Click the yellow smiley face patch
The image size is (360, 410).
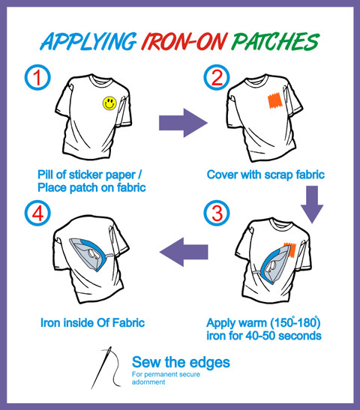(x=109, y=103)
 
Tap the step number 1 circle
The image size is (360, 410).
(x=37, y=77)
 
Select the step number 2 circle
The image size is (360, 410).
(x=217, y=77)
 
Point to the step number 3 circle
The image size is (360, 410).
(x=217, y=213)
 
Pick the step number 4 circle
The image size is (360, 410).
(x=37, y=213)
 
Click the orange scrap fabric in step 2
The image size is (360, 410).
(x=274, y=100)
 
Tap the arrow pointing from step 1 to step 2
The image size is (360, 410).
(x=183, y=123)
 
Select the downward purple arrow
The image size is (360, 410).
(x=312, y=205)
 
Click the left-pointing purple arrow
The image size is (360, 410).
(x=184, y=252)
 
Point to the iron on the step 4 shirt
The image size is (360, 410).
(x=90, y=253)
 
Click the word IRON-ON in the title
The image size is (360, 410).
(x=184, y=41)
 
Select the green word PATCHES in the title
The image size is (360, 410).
(x=275, y=41)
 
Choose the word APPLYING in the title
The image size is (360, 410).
(x=88, y=42)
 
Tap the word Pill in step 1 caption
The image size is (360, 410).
(x=46, y=175)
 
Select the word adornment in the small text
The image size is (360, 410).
(x=148, y=382)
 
